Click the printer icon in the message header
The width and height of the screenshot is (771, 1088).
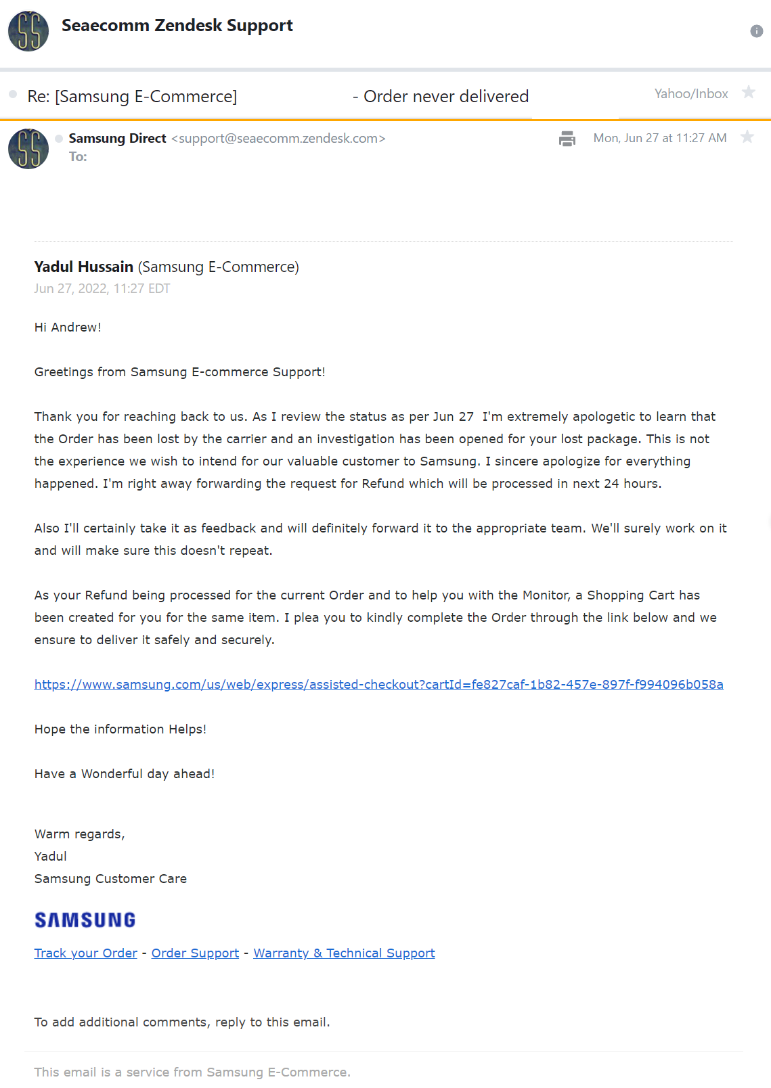point(567,139)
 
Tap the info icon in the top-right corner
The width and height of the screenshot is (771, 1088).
point(756,31)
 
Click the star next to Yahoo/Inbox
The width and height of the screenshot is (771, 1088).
point(748,92)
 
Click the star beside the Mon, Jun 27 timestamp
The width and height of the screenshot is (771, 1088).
point(747,137)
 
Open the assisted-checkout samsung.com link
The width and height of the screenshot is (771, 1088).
point(378,684)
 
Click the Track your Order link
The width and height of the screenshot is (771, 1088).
point(86,953)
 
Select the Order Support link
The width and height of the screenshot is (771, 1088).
point(195,953)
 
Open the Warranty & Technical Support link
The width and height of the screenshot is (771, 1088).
point(344,953)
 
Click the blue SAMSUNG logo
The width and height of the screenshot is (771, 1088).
point(85,920)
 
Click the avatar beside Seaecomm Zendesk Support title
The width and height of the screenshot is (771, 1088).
point(28,31)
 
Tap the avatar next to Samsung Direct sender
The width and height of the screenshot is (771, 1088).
point(28,149)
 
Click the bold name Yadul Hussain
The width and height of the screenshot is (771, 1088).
point(84,267)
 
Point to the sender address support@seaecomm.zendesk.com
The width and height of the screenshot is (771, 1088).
point(278,138)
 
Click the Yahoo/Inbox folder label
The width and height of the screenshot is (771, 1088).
point(690,93)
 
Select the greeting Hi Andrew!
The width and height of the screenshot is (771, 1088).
point(68,327)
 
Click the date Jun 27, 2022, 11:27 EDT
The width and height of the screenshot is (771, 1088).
point(102,288)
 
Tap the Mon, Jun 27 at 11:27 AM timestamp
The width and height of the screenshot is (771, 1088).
point(659,138)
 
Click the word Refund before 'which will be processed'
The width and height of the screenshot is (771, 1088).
point(382,483)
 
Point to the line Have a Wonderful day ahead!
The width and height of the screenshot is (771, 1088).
point(125,773)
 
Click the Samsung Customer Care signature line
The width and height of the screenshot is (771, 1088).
point(110,878)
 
